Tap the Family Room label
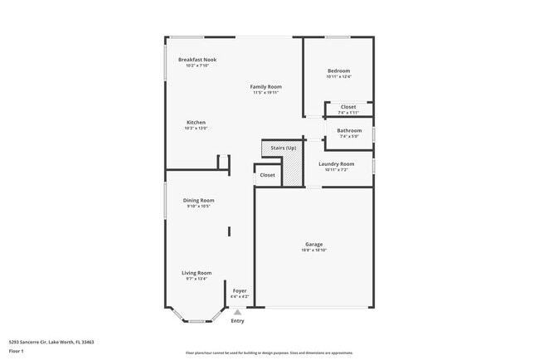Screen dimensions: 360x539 click(267, 86)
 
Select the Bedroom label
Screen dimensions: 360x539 click(338, 71)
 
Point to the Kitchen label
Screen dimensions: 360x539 click(196, 123)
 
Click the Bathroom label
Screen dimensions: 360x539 click(349, 130)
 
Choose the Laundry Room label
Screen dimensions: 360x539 click(336, 164)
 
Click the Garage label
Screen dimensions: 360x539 click(313, 244)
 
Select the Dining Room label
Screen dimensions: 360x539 click(199, 200)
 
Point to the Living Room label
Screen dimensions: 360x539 click(197, 272)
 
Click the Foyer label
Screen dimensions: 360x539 click(239, 290)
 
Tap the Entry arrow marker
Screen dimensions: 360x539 click(237, 312)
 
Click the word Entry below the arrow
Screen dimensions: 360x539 click(237, 321)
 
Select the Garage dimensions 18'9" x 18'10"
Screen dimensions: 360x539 click(313, 250)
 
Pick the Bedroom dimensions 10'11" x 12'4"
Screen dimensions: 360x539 click(338, 77)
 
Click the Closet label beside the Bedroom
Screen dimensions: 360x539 click(348, 106)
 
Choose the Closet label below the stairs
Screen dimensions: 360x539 click(267, 175)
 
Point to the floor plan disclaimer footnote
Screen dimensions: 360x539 click(269, 352)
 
